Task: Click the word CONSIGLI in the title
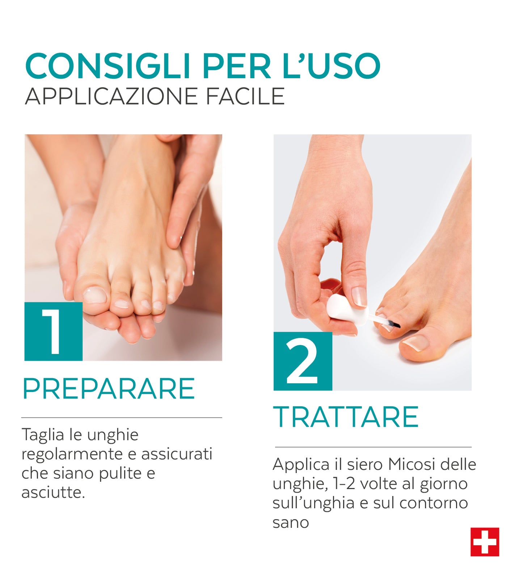[108, 66]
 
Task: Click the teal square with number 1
[54, 331]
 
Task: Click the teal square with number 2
[303, 361]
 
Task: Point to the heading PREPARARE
[109, 388]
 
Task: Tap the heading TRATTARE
[346, 417]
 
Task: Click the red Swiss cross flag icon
[485, 542]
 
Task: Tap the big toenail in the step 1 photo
[95, 295]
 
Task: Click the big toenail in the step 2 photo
[415, 343]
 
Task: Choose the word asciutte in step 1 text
[53, 492]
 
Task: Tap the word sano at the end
[291, 523]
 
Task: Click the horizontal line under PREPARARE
[122, 418]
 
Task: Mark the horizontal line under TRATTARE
[373, 447]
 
